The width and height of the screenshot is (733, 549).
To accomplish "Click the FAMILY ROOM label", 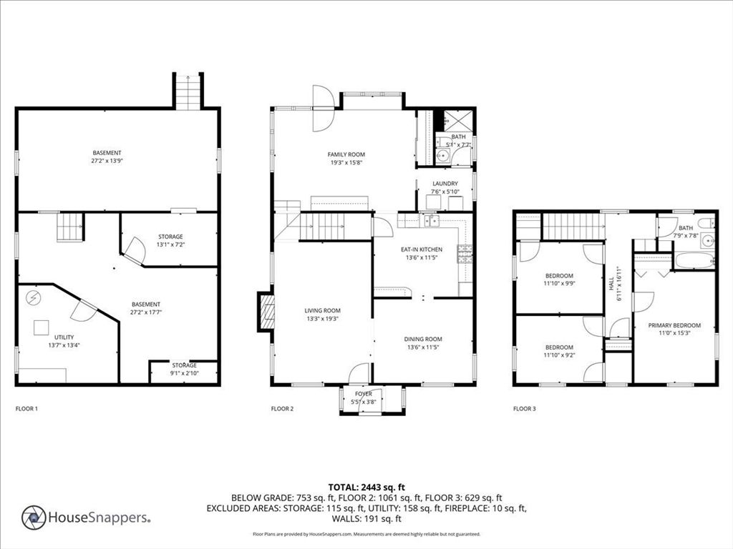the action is pos(346,154).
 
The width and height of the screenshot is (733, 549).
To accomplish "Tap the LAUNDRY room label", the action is pos(445,184).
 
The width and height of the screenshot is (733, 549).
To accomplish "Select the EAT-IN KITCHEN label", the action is pos(421,249).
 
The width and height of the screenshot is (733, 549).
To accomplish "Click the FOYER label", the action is pos(363,394).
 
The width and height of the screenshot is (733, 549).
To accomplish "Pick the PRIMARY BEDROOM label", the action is pos(674,325).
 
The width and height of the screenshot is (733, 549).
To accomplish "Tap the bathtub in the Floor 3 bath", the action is pos(694,260).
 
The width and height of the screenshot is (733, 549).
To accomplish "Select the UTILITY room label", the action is pos(64,337).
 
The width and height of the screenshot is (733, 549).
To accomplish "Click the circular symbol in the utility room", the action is pos(33,298).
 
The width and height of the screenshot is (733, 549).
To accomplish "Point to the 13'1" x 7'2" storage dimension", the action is pos(170,244).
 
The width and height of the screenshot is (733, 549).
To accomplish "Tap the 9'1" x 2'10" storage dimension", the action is pos(184,373).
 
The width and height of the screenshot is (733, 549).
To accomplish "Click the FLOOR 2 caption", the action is pos(282,408).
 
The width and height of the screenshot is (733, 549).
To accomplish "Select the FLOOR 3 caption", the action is pos(525,408).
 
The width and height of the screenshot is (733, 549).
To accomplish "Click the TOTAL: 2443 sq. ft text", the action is pos(366,488).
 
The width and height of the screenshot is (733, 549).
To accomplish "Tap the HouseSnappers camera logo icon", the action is pos(34,518).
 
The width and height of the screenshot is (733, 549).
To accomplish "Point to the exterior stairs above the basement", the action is pos(188,91).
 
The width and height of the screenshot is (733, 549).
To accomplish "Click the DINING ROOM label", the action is pos(423,340).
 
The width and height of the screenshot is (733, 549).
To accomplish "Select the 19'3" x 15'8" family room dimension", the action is pos(346,163).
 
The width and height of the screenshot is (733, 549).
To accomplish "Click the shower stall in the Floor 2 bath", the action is pos(457,120).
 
